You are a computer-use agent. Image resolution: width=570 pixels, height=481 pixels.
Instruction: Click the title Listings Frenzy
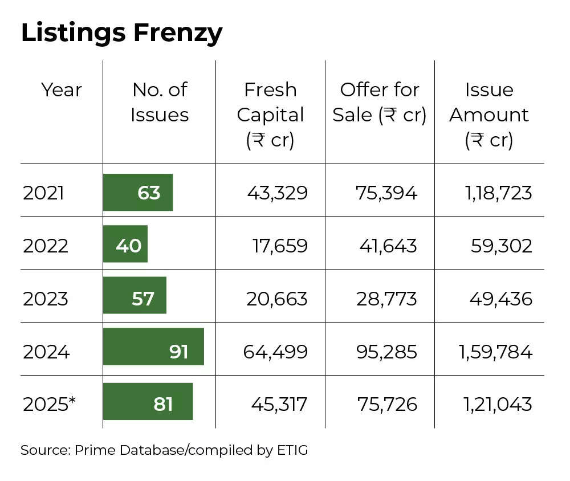(121, 34)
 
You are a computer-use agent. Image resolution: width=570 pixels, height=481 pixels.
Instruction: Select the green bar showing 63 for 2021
(137, 193)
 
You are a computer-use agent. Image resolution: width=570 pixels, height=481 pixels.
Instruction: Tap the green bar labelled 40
(125, 244)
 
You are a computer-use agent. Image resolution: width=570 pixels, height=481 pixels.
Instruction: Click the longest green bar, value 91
(153, 347)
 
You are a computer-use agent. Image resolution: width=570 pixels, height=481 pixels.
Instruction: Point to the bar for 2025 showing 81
(148, 401)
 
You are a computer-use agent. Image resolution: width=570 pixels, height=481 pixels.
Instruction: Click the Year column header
(61, 90)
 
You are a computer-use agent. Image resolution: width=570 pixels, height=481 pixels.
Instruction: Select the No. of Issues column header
(159, 103)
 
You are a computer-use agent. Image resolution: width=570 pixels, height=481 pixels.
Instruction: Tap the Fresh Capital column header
(270, 115)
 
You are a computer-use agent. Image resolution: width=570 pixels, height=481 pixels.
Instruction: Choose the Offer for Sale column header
(380, 103)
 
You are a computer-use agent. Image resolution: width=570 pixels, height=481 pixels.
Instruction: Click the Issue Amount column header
(489, 115)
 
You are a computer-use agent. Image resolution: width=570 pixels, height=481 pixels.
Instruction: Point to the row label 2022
(46, 246)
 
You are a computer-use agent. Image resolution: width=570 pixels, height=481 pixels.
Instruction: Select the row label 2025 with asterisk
(49, 404)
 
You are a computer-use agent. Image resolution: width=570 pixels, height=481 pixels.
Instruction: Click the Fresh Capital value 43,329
(277, 193)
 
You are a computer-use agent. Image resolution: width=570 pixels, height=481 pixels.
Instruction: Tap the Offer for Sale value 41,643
(388, 246)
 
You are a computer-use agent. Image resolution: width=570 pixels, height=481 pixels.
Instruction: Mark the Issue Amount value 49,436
(501, 298)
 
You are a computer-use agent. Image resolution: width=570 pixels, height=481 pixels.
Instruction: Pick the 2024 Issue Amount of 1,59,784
(495, 352)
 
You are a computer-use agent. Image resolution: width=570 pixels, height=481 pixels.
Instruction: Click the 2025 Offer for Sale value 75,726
(387, 404)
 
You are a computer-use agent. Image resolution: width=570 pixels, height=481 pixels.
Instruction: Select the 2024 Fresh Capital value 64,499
(275, 352)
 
